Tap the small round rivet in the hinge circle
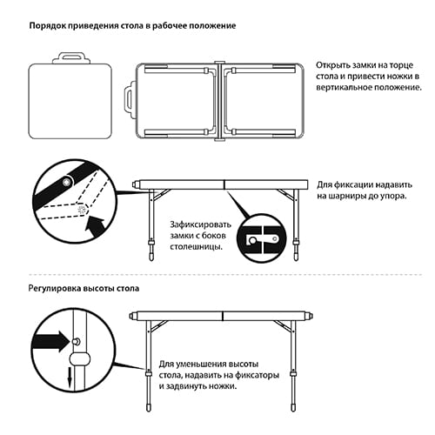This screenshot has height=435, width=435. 66,182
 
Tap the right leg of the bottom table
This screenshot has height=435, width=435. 298,365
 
